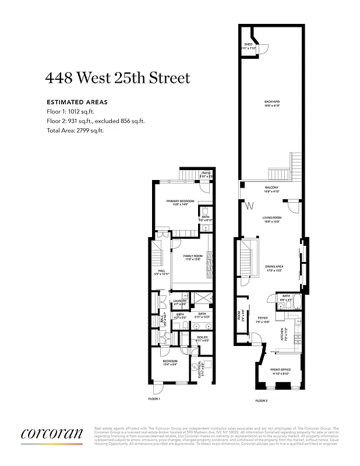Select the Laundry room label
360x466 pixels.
click(x=180, y=301)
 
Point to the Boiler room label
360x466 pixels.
click(x=202, y=337)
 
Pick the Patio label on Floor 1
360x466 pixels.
click(x=206, y=173)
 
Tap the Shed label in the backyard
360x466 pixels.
click(x=249, y=44)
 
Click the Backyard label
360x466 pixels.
click(x=272, y=103)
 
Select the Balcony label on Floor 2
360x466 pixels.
click(x=272, y=187)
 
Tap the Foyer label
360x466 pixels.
click(x=263, y=318)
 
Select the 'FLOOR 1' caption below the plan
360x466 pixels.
click(x=154, y=399)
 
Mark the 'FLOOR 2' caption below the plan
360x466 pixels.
click(x=262, y=401)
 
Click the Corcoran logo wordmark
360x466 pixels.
click(x=52, y=434)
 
